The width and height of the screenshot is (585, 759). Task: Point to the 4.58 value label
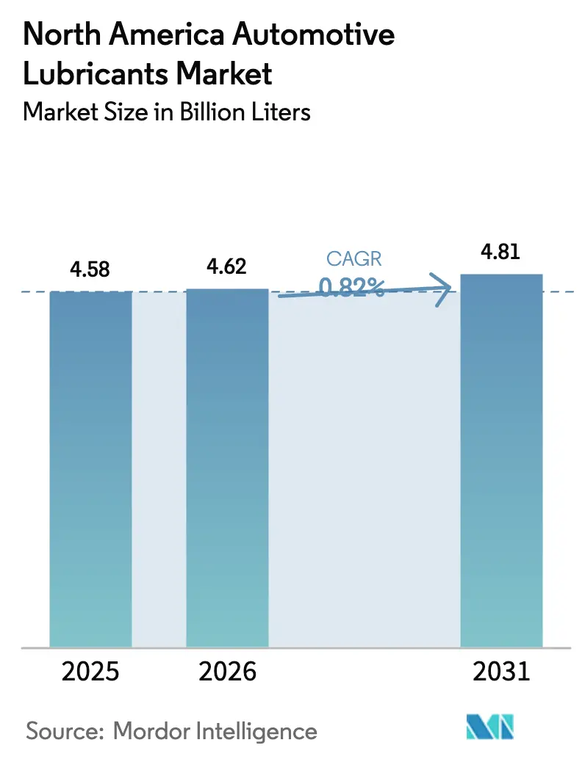point(90,269)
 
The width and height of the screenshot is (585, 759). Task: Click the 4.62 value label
point(226,266)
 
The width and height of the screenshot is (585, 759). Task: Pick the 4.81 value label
point(500,252)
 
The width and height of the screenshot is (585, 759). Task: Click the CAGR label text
point(354,258)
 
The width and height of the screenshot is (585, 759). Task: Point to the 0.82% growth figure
point(351,287)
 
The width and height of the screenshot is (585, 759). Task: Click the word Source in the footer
point(65,731)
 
